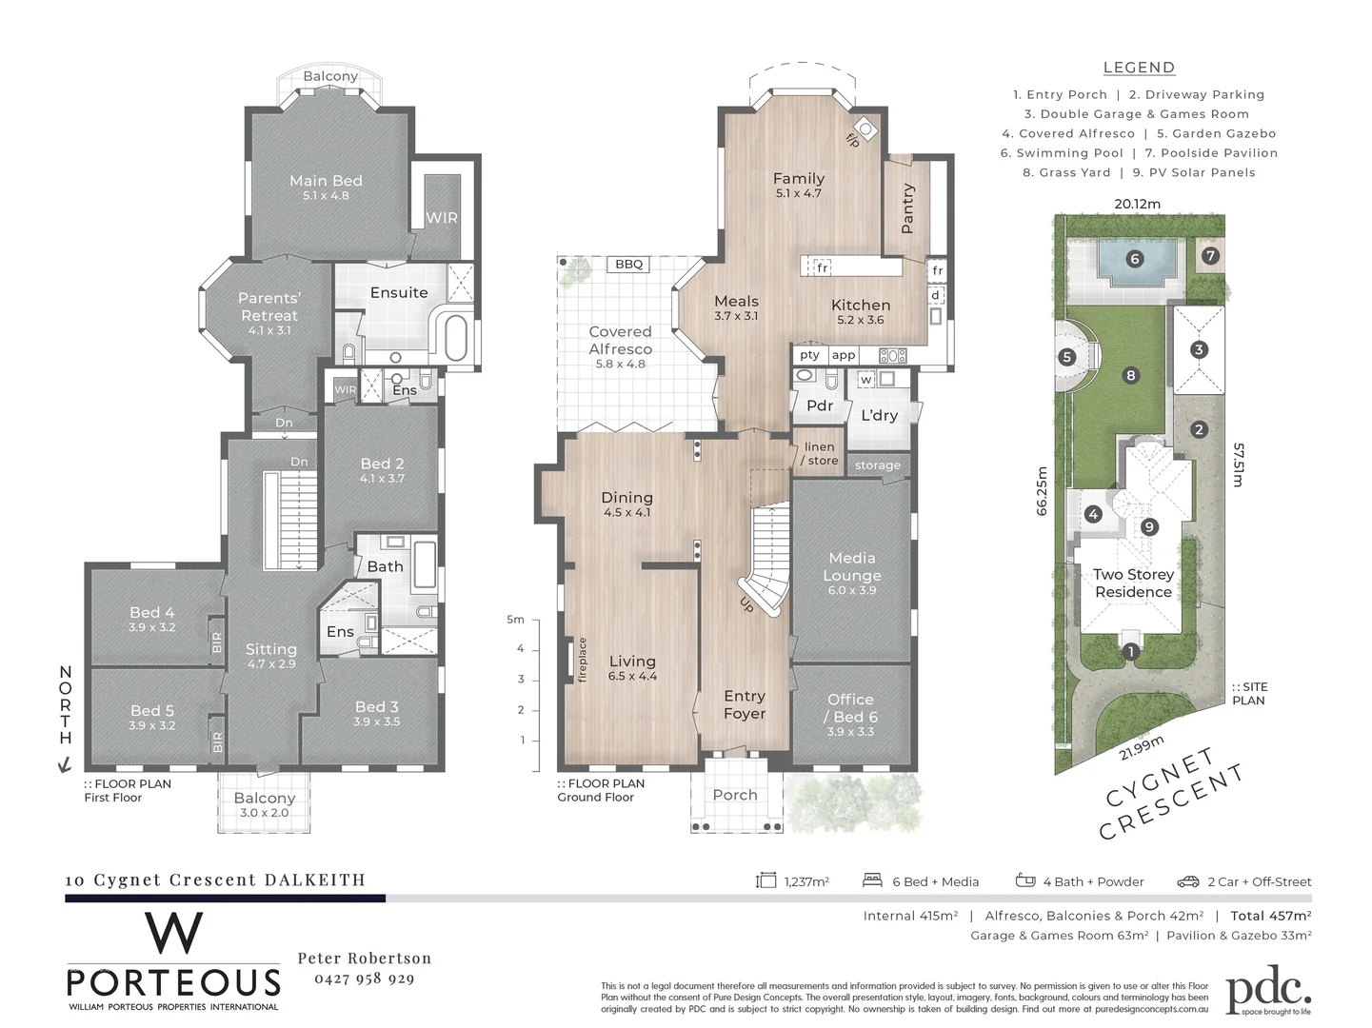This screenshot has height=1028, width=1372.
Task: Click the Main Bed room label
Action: pos(326,181)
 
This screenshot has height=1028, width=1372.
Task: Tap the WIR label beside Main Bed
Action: pos(441,217)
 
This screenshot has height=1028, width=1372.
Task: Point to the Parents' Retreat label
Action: pos(269,306)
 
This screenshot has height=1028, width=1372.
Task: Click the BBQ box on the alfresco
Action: pos(628,264)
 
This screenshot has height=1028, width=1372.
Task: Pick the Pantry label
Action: pos(906,208)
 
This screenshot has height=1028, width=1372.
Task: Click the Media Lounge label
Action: pos(851,566)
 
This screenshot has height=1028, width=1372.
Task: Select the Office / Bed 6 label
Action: pos(850,707)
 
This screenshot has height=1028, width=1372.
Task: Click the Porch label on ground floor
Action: pos(735,795)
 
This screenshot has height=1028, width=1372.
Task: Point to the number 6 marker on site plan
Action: pos(1134,259)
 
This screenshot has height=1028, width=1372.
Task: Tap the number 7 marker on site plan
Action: pos(1210,256)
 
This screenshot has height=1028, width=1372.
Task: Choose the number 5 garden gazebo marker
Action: pos(1066,357)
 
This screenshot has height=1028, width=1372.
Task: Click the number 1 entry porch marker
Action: pos(1130,652)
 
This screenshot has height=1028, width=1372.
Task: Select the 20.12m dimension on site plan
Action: pos(1138,204)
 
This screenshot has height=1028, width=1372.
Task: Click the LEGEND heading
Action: pos(1139,68)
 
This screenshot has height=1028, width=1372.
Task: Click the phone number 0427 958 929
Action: pos(364,979)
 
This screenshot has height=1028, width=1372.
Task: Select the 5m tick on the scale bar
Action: pos(515,620)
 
